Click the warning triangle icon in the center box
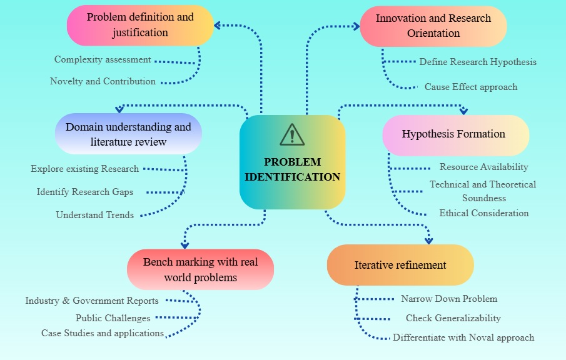(292, 134)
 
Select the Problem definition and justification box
(140, 25)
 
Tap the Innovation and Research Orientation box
(433, 26)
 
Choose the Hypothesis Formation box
(455, 134)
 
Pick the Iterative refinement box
(400, 265)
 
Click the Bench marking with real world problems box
(200, 269)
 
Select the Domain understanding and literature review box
(128, 134)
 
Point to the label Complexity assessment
(103, 60)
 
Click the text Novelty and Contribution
(103, 81)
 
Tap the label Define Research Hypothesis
(478, 62)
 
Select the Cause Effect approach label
(471, 87)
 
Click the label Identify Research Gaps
(85, 192)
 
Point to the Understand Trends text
(95, 215)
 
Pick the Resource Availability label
(483, 167)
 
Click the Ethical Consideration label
(483, 213)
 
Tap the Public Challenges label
(113, 318)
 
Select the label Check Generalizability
(453, 318)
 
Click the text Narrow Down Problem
(449, 299)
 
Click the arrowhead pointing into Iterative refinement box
(428, 240)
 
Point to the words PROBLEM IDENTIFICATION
(292, 169)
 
